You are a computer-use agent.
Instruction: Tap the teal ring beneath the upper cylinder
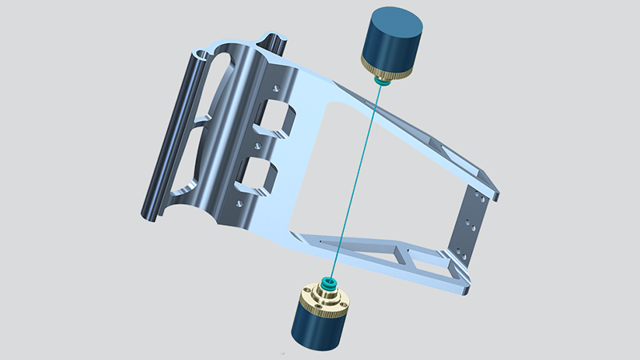pos(382,81)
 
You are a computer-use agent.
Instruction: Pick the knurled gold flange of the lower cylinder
pos(319,305)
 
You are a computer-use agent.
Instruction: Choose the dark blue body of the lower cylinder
pos(314,331)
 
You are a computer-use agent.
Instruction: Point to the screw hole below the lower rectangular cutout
pos(238,204)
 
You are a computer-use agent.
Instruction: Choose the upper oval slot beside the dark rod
pos(217,80)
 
